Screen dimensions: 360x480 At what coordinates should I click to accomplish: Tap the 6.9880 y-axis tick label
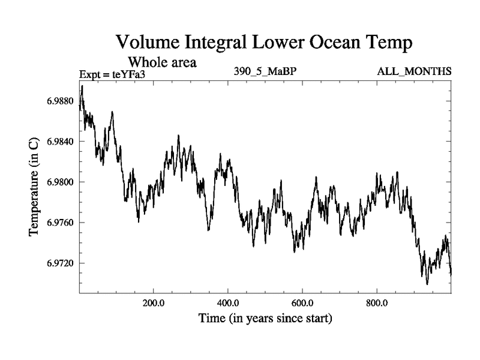click(x=60, y=101)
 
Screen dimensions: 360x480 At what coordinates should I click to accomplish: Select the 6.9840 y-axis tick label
click(x=60, y=142)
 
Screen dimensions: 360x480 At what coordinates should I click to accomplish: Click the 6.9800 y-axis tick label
click(x=60, y=182)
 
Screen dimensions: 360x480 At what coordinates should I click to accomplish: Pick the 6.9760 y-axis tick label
click(x=60, y=223)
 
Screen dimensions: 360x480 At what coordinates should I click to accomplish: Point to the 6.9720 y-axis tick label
click(x=60, y=264)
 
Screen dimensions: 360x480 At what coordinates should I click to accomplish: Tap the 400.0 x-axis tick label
click(x=228, y=303)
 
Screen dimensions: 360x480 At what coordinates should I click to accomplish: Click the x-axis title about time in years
click(x=265, y=318)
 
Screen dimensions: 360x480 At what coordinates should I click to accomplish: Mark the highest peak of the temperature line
click(x=82, y=86)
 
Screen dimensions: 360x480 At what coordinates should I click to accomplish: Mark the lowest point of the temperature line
click(x=427, y=284)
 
